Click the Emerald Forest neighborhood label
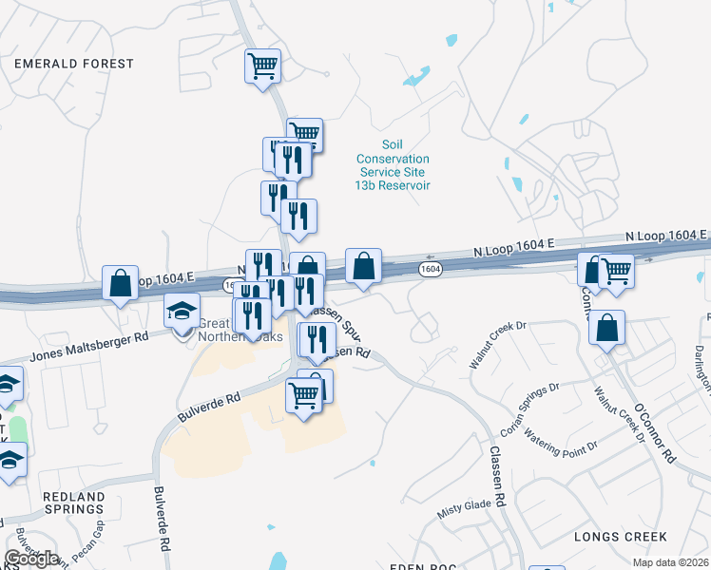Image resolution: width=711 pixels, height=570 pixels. click(74, 64)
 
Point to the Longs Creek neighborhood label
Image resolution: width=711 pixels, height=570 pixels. click(620, 537)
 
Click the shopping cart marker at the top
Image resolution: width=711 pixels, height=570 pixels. click(262, 66)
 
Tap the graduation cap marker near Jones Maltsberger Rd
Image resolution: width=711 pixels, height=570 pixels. click(182, 311)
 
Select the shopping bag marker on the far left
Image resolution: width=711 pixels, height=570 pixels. click(120, 283)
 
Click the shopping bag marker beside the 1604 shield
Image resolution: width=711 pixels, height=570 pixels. click(363, 266)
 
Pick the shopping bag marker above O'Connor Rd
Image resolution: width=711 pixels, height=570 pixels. click(606, 329)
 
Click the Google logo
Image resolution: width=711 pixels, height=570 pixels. click(31, 559)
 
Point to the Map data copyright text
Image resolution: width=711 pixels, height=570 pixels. click(669, 562)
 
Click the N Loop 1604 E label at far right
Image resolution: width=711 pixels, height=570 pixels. click(666, 236)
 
